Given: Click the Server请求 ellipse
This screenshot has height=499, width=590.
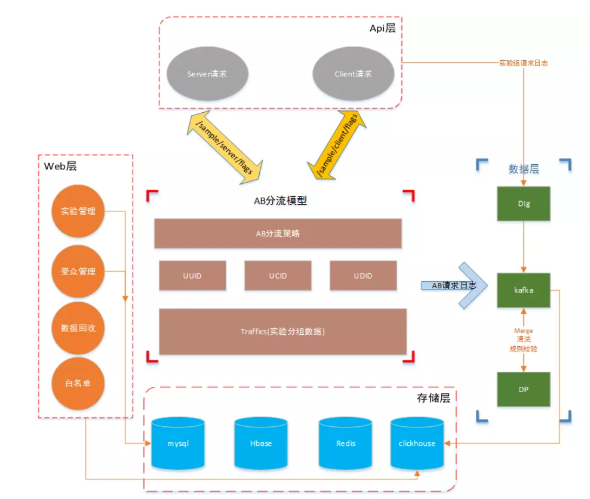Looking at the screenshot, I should [207, 74].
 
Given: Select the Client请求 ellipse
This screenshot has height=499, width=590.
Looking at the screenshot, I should [354, 74].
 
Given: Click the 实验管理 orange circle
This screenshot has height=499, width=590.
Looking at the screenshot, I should [78, 211].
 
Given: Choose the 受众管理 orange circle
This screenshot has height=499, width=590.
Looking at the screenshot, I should [78, 272].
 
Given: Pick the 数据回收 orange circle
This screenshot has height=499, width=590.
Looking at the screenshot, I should [78, 328].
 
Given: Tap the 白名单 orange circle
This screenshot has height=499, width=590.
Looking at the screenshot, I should [78, 383].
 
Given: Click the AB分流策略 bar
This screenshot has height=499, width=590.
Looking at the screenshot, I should [278, 233].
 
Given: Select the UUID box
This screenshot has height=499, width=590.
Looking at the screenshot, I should [192, 276].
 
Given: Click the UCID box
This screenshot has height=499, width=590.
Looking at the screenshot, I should [278, 276].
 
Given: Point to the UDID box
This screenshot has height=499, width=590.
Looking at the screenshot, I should [362, 276].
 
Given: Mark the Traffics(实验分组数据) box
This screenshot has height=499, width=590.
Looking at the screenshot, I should [282, 331].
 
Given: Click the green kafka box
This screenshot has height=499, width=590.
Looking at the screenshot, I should [524, 290].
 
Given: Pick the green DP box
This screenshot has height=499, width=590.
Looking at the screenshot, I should [524, 389].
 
